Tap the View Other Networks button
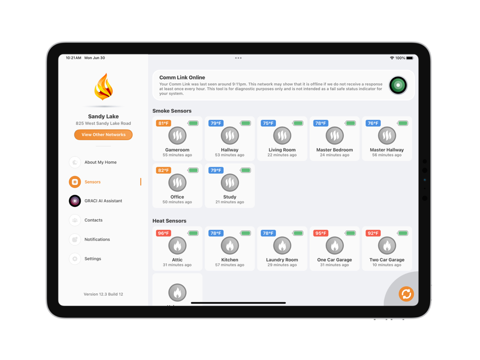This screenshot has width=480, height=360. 103,135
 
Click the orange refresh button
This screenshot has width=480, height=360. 406,294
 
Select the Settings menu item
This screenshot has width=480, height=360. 93,259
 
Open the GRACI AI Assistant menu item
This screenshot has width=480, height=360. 103,201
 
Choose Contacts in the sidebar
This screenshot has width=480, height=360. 94,220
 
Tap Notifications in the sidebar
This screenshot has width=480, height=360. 97,240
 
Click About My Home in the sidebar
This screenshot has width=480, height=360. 100,162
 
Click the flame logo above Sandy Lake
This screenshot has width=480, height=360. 104,87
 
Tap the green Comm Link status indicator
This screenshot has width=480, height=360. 398,85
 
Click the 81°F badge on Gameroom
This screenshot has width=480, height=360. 164,123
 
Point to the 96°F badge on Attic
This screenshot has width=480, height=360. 164,233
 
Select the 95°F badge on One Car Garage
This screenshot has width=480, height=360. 321,233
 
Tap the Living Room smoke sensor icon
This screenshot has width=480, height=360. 282,136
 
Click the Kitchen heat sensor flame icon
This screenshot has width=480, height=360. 229,245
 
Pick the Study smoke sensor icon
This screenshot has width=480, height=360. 229,183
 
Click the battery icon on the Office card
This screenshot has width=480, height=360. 193,170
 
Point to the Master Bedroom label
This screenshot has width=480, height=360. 334,150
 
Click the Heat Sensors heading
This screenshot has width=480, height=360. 169,221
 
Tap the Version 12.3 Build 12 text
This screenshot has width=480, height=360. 103,294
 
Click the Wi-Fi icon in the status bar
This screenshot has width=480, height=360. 392,58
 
